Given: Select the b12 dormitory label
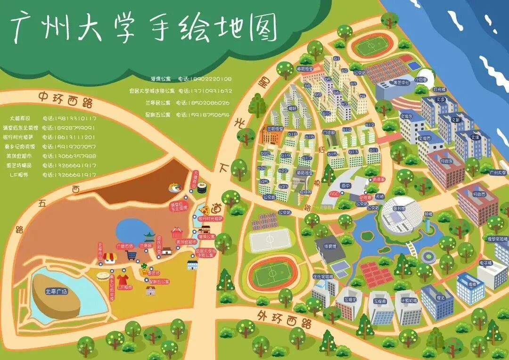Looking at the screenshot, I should (369, 125).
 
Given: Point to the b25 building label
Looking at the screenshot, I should (263, 181).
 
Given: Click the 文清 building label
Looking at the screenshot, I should (475, 137).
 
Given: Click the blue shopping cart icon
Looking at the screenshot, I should (131, 255).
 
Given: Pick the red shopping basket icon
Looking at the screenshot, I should (176, 232).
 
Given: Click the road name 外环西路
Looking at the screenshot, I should (285, 319).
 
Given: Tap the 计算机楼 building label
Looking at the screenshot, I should (409, 300).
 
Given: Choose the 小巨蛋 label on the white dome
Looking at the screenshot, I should (421, 80).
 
